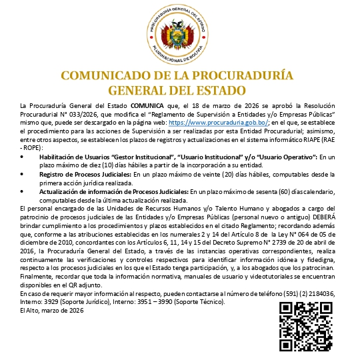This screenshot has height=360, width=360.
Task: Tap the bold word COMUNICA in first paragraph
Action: point(146,106)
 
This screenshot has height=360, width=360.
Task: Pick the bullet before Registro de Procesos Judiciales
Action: point(23,173)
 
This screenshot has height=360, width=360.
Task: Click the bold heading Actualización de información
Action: point(80,191)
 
